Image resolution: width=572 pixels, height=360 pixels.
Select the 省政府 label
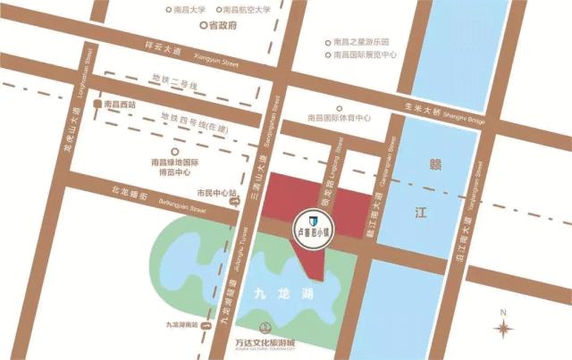click(220, 26)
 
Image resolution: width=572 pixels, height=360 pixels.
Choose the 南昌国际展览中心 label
click(365, 54)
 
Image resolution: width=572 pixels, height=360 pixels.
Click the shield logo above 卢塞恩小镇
click(313, 218)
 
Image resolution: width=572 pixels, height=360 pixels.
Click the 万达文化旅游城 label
click(265, 343)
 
